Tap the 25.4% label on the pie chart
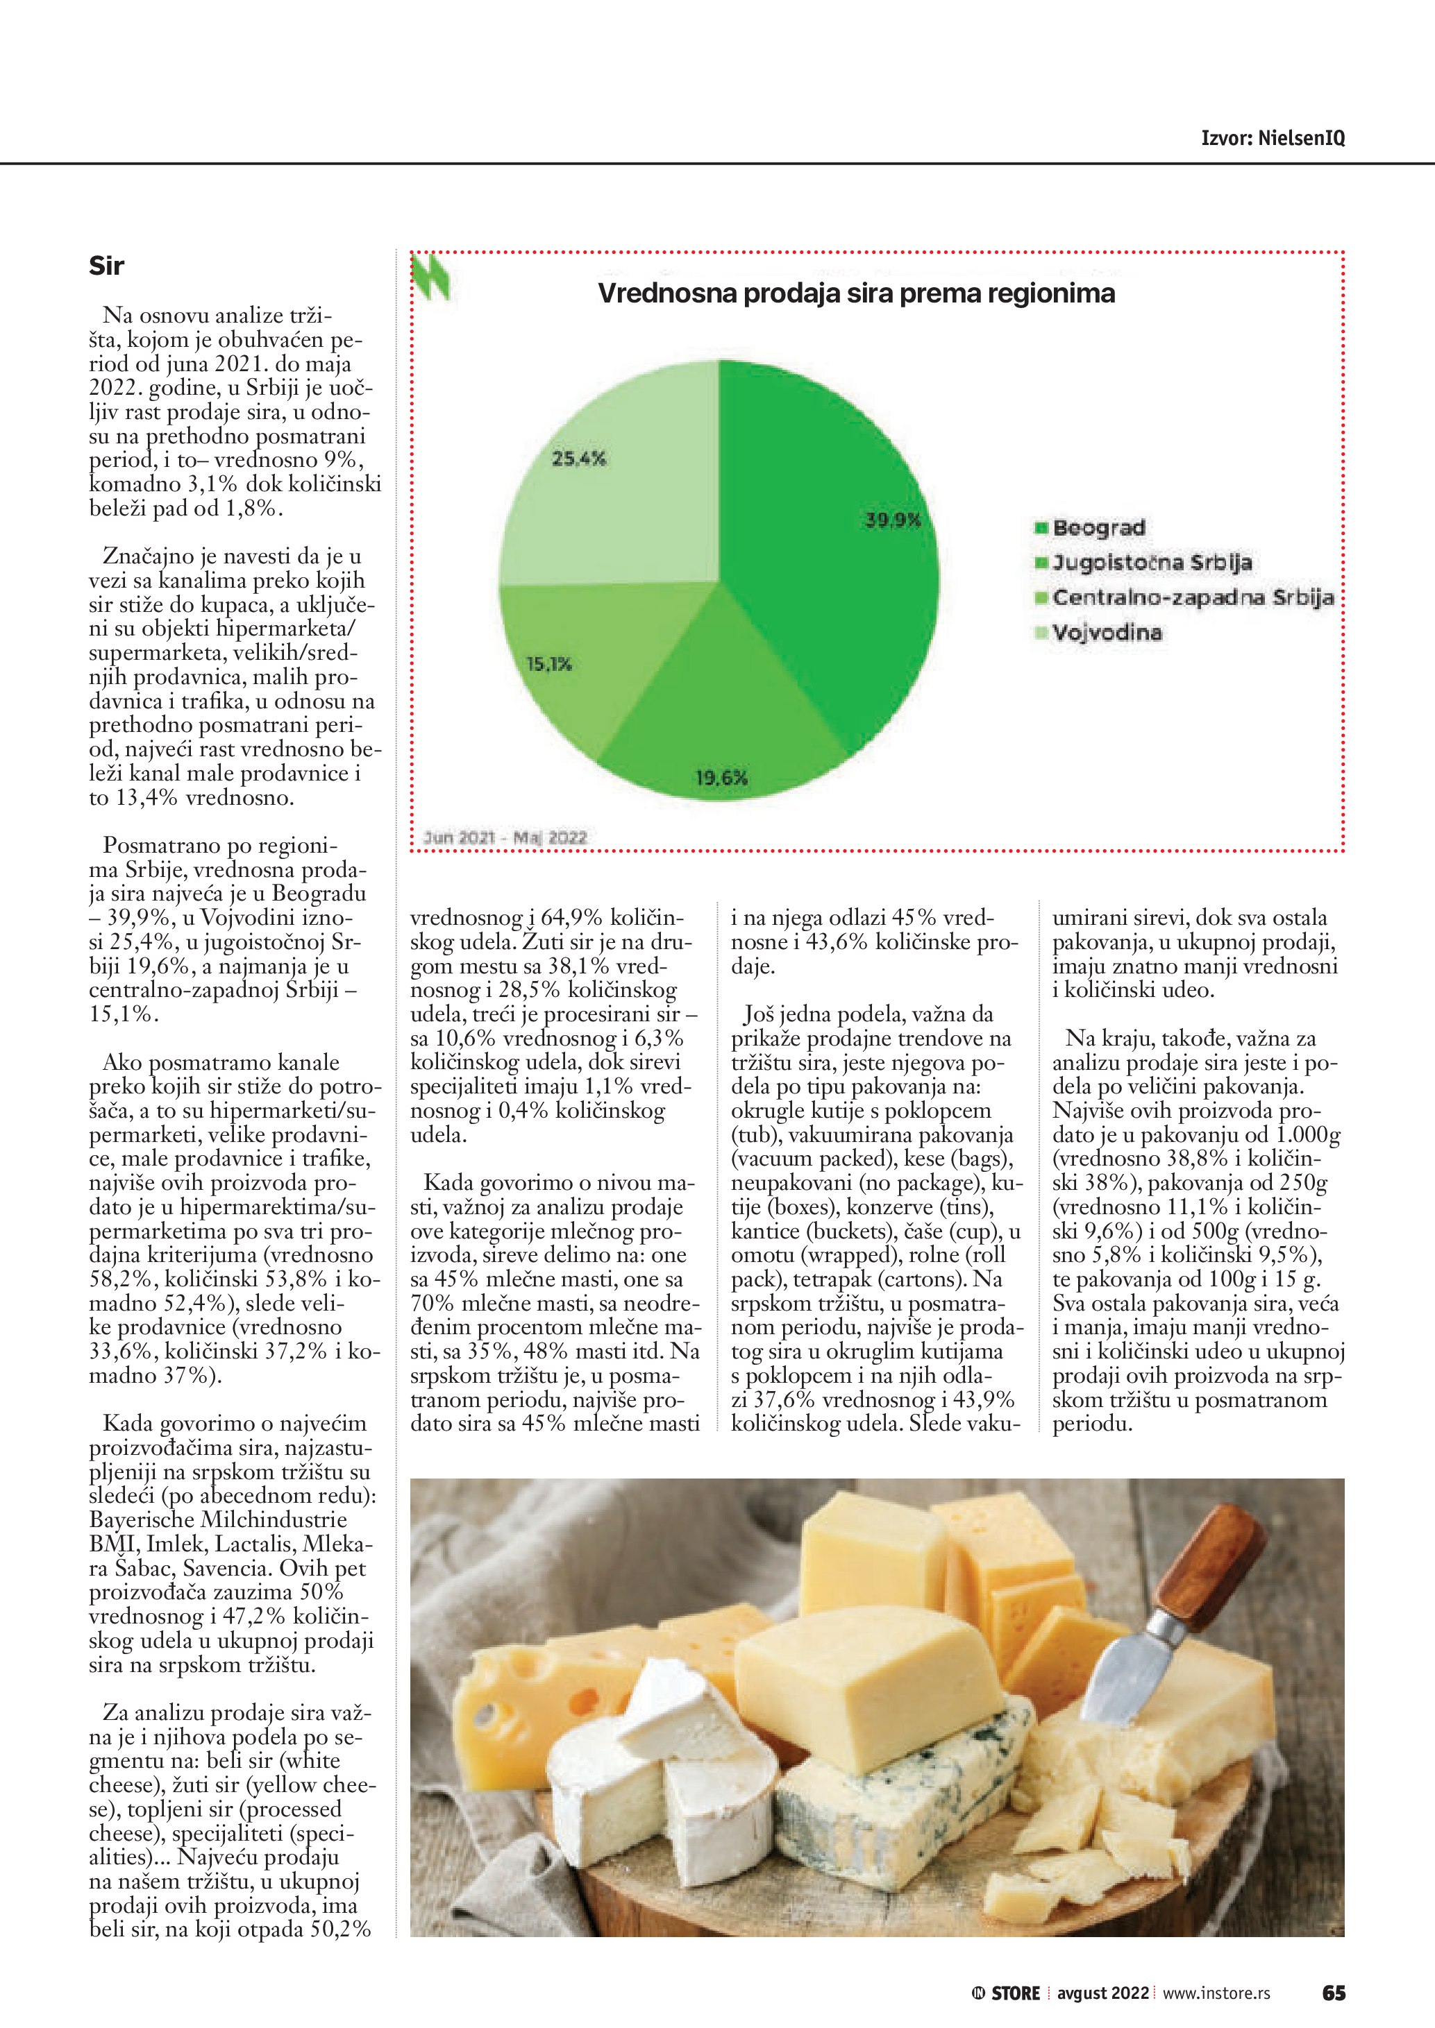579,459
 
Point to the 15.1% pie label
548,663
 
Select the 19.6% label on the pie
721,777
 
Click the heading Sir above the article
106,266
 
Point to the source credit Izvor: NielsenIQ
1273,138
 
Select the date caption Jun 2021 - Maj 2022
505,837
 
